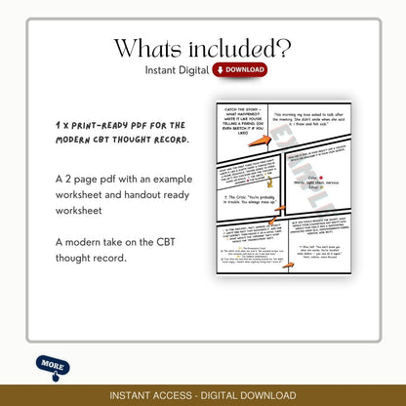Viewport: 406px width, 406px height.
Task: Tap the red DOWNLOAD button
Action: pyautogui.click(x=240, y=70)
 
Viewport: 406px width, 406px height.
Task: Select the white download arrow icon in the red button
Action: pyautogui.click(x=221, y=70)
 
